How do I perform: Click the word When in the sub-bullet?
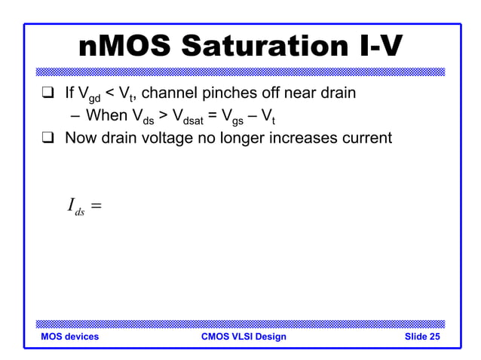pyautogui.click(x=105, y=117)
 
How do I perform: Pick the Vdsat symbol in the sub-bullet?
pyautogui.click(x=185, y=118)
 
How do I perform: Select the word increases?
pyautogui.click(x=298, y=139)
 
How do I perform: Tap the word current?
pyautogui.click(x=363, y=139)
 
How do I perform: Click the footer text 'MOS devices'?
pyautogui.click(x=70, y=337)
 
